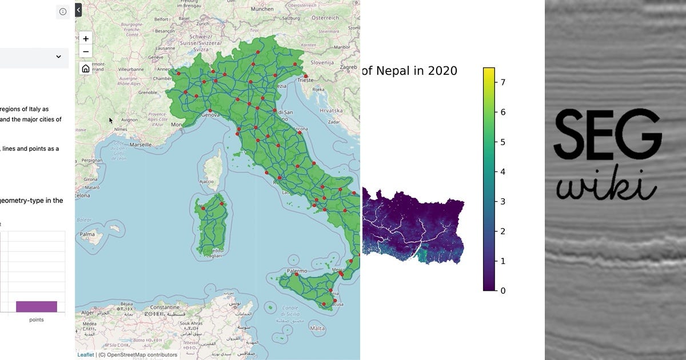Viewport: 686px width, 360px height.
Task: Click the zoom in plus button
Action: pyautogui.click(x=86, y=39)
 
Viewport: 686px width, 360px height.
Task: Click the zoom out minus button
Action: pyautogui.click(x=86, y=52)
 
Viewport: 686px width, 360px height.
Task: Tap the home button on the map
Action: pyautogui.click(x=86, y=69)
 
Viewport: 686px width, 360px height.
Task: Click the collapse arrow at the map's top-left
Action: pyautogui.click(x=78, y=9)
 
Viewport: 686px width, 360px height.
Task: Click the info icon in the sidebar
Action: pyautogui.click(x=63, y=11)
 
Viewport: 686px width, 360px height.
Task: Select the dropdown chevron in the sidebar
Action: pyautogui.click(x=58, y=57)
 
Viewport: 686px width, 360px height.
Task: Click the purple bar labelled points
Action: pyautogui.click(x=37, y=306)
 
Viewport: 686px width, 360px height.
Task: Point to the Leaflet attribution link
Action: pyautogui.click(x=86, y=355)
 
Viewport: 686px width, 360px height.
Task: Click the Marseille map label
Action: pyautogui.click(x=141, y=145)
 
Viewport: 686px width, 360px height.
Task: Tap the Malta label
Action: pyautogui.click(x=317, y=329)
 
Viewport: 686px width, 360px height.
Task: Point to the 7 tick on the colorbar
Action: pyautogui.click(x=503, y=82)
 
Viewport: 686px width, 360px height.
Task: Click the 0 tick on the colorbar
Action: pyautogui.click(x=503, y=290)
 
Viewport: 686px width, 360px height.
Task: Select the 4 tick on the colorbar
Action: pyautogui.click(x=503, y=171)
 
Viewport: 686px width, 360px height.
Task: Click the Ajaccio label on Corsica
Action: pyautogui.click(x=207, y=182)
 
